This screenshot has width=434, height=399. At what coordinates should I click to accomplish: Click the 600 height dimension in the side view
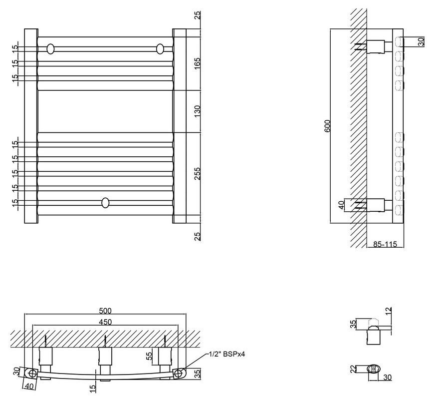[327, 126]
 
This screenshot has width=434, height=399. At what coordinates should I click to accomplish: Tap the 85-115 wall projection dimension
[385, 244]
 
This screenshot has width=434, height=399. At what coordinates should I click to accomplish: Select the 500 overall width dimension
[105, 311]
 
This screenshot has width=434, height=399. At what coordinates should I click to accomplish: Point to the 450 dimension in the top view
[105, 322]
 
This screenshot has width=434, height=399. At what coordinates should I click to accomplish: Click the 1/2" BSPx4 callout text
[226, 354]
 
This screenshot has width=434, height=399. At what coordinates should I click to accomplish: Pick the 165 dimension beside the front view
[198, 63]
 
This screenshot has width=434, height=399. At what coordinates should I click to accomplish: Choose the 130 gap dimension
[198, 111]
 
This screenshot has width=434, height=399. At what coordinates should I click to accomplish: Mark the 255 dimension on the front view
[198, 174]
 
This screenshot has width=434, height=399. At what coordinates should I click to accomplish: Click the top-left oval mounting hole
[51, 49]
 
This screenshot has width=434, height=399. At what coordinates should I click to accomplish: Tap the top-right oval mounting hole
[160, 49]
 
